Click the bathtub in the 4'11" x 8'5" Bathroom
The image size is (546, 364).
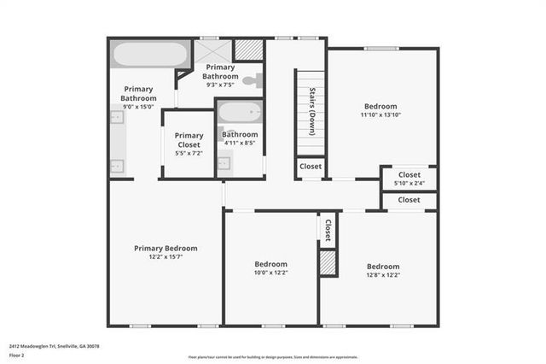pyautogui.click(x=240, y=114)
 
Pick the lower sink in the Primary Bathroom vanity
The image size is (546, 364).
pyautogui.click(x=119, y=165)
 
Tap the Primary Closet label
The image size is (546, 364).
pyautogui.click(x=189, y=139)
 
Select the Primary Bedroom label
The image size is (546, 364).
pyautogui.click(x=166, y=248)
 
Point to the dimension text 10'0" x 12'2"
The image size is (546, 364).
pyautogui.click(x=270, y=273)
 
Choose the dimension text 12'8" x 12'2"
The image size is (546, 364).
pyautogui.click(x=383, y=274)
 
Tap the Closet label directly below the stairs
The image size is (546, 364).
pyautogui.click(x=311, y=167)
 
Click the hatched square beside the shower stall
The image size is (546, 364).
pyautogui.click(x=247, y=50)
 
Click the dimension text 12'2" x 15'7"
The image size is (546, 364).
pyautogui.click(x=166, y=256)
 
